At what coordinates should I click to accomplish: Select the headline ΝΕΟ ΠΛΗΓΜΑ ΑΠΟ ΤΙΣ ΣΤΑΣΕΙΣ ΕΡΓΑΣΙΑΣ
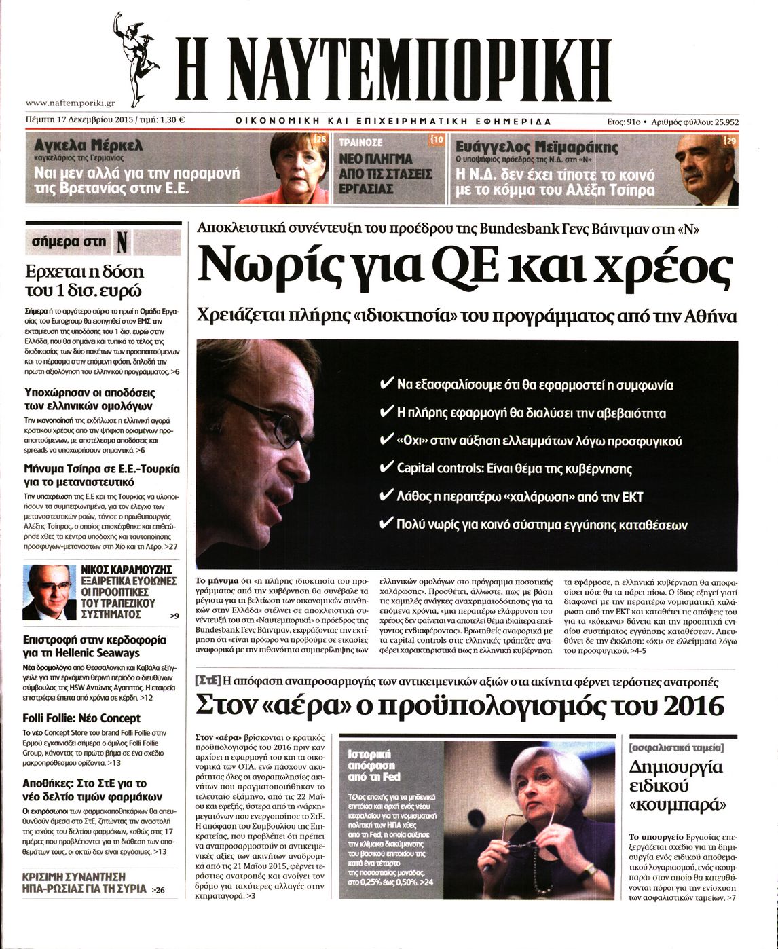(385, 174)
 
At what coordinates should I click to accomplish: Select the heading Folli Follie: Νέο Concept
(81, 718)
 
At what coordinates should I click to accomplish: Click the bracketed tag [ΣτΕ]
(207, 680)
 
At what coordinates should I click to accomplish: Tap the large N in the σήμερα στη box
(122, 242)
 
